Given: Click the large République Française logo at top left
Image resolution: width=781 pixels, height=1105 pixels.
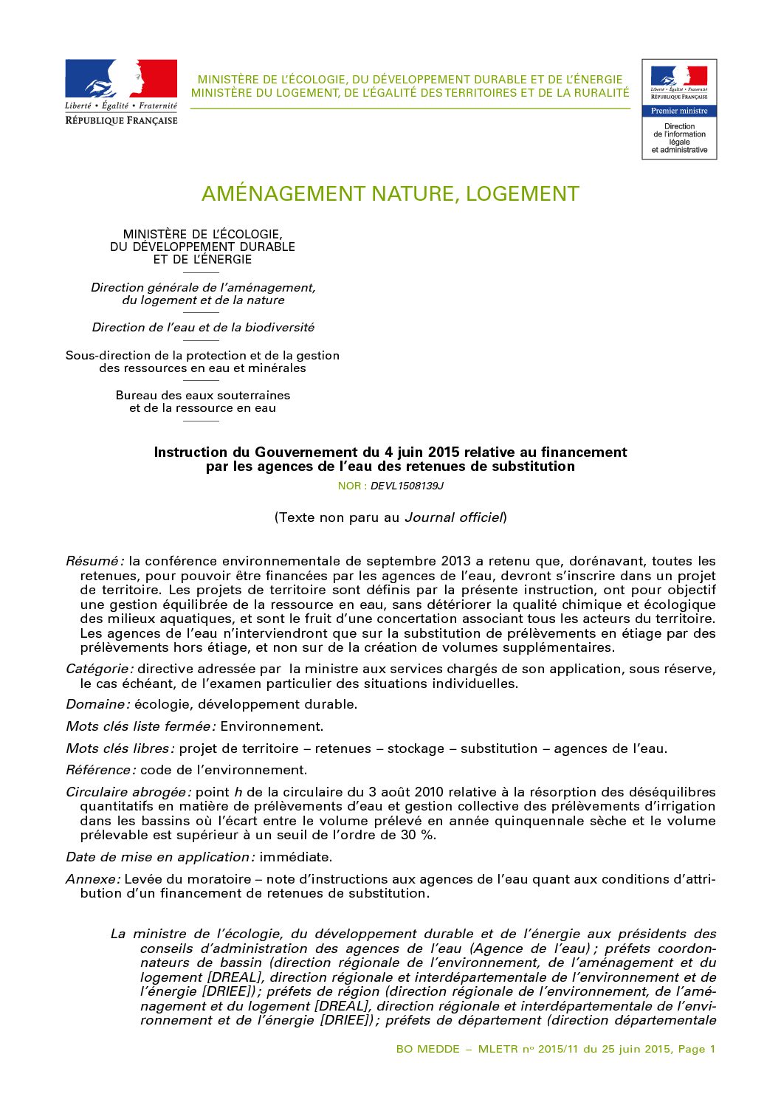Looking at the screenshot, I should (x=121, y=92).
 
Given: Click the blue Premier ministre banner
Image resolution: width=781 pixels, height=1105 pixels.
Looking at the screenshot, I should (x=679, y=111).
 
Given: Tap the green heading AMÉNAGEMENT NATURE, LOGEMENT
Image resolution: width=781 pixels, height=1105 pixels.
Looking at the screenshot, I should (x=390, y=194).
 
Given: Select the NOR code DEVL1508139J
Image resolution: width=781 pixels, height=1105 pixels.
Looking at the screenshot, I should (x=407, y=486).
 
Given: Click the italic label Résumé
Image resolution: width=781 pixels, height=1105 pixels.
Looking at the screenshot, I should (x=94, y=561).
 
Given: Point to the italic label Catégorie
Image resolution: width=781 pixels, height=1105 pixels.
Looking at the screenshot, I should (x=99, y=669).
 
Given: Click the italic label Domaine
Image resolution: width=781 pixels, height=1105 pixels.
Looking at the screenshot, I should (x=97, y=704).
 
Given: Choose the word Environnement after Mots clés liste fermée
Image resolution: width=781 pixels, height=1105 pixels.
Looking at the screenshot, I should (x=272, y=726).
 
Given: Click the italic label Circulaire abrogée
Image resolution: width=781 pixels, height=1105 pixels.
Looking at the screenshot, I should (x=128, y=792).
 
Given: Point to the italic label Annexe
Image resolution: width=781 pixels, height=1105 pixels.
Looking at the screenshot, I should (x=92, y=879).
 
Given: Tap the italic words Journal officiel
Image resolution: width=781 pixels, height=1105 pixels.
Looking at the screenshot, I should (x=453, y=517).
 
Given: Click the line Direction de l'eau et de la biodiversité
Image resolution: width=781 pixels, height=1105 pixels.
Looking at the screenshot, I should (x=203, y=327).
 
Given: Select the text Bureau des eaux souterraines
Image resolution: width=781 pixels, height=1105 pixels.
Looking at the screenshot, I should (x=203, y=395).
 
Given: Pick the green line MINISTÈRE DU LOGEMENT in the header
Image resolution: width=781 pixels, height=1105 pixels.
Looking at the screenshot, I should (x=410, y=93).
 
